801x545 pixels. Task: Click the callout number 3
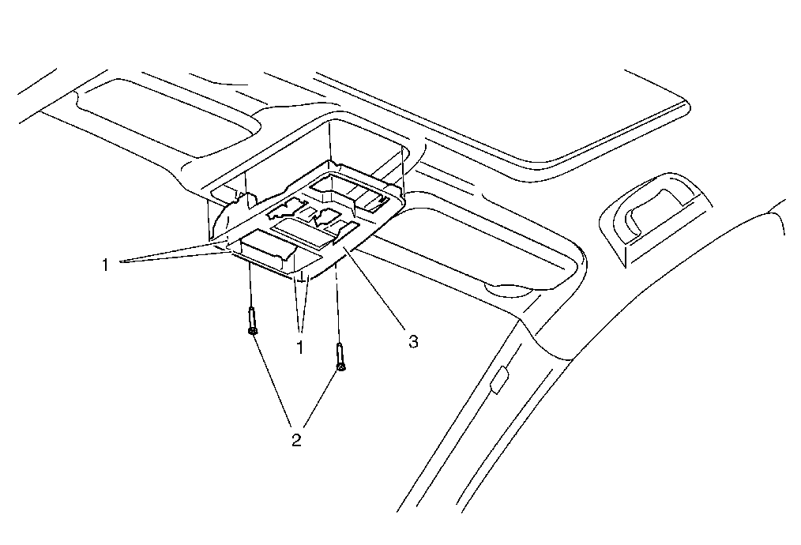click(x=412, y=342)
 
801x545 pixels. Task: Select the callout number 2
click(x=297, y=440)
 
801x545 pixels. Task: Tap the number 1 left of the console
click(x=104, y=264)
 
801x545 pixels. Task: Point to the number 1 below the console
click(x=301, y=347)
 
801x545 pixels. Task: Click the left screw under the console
click(x=250, y=321)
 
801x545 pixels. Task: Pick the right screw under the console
click(x=340, y=357)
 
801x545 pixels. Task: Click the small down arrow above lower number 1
click(x=301, y=279)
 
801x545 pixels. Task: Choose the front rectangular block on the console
click(x=268, y=247)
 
